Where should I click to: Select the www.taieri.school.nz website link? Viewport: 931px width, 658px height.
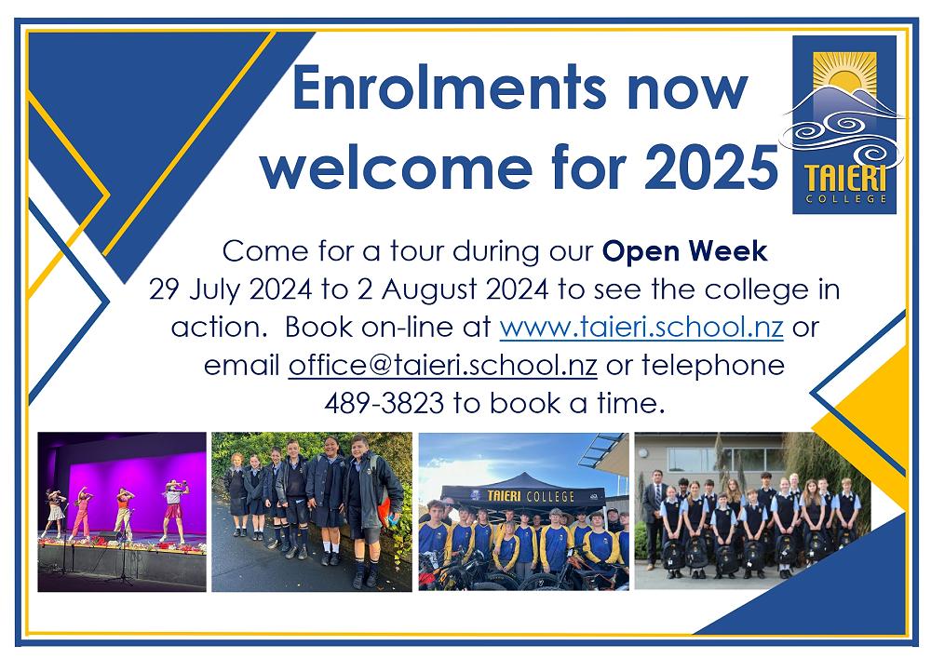(641, 329)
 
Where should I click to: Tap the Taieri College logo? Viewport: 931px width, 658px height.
(843, 123)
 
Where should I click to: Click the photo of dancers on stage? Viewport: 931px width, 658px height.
(121, 511)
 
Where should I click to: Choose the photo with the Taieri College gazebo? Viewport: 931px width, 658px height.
(523, 511)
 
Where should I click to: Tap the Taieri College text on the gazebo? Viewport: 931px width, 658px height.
(522, 497)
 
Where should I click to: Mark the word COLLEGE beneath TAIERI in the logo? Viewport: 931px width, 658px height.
(843, 198)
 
